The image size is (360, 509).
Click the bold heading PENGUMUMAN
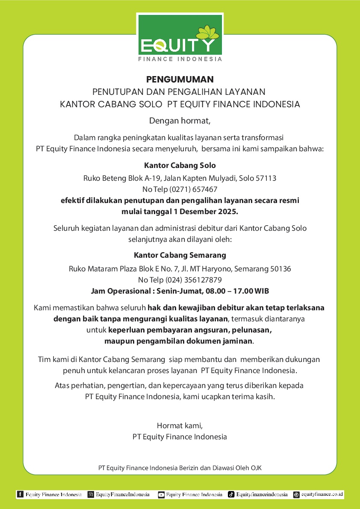(180, 79)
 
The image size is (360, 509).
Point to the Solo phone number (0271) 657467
(194, 189)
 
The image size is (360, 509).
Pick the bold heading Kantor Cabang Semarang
(180, 255)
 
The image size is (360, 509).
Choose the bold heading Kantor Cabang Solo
(180, 165)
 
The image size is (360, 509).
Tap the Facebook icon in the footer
(20, 494)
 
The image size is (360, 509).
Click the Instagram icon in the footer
(91, 494)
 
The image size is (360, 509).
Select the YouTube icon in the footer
(161, 494)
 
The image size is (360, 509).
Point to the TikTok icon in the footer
(231, 494)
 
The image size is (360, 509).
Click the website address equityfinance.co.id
(322, 494)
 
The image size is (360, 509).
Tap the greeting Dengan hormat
(180, 121)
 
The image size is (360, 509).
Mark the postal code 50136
(280, 269)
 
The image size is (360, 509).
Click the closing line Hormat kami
(180, 425)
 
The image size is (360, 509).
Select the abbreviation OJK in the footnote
(255, 468)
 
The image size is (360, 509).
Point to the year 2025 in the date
(228, 212)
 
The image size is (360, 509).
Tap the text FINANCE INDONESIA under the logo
(180, 59)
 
